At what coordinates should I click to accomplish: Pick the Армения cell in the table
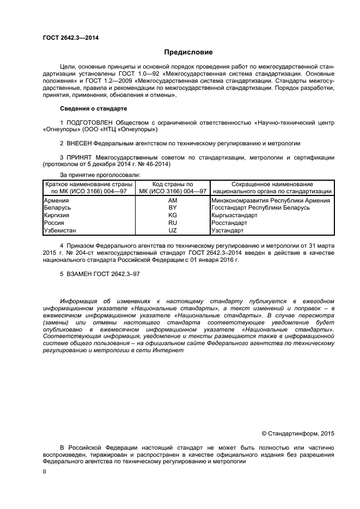[56, 201]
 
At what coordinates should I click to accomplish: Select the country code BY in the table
[173, 208]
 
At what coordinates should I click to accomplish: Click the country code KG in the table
[173, 216]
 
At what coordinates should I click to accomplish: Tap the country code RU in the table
[173, 223]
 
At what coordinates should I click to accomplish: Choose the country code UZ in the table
[173, 230]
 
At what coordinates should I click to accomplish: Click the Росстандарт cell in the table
[229, 223]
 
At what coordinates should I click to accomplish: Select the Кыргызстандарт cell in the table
[234, 216]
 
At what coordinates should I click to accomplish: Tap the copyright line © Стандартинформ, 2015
[298, 433]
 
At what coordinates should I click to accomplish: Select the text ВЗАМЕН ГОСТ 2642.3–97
[100, 275]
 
